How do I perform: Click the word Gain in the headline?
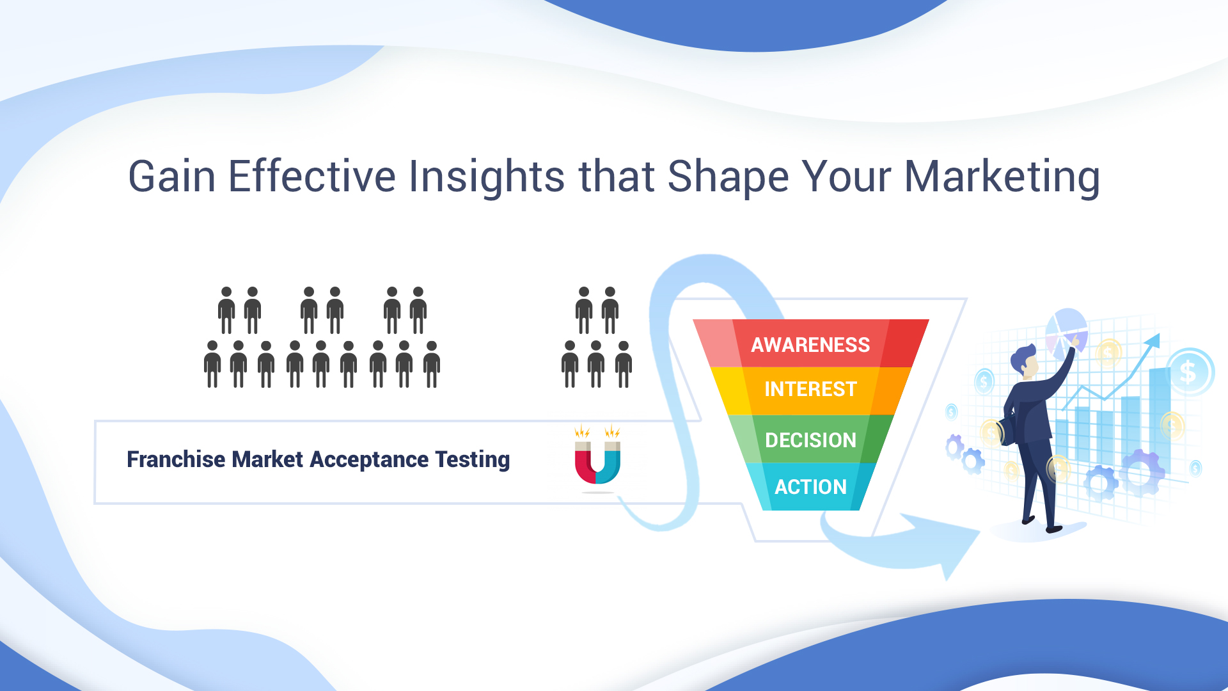click(x=172, y=176)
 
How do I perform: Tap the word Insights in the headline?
click(x=487, y=176)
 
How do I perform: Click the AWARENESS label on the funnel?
click(x=810, y=345)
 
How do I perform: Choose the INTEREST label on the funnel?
click(x=810, y=389)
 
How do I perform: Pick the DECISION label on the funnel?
click(x=810, y=440)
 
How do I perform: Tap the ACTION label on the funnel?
click(x=810, y=487)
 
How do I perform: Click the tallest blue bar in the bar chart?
click(x=1160, y=416)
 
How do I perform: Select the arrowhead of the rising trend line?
click(x=1153, y=341)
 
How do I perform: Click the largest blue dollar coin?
click(x=1189, y=372)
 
